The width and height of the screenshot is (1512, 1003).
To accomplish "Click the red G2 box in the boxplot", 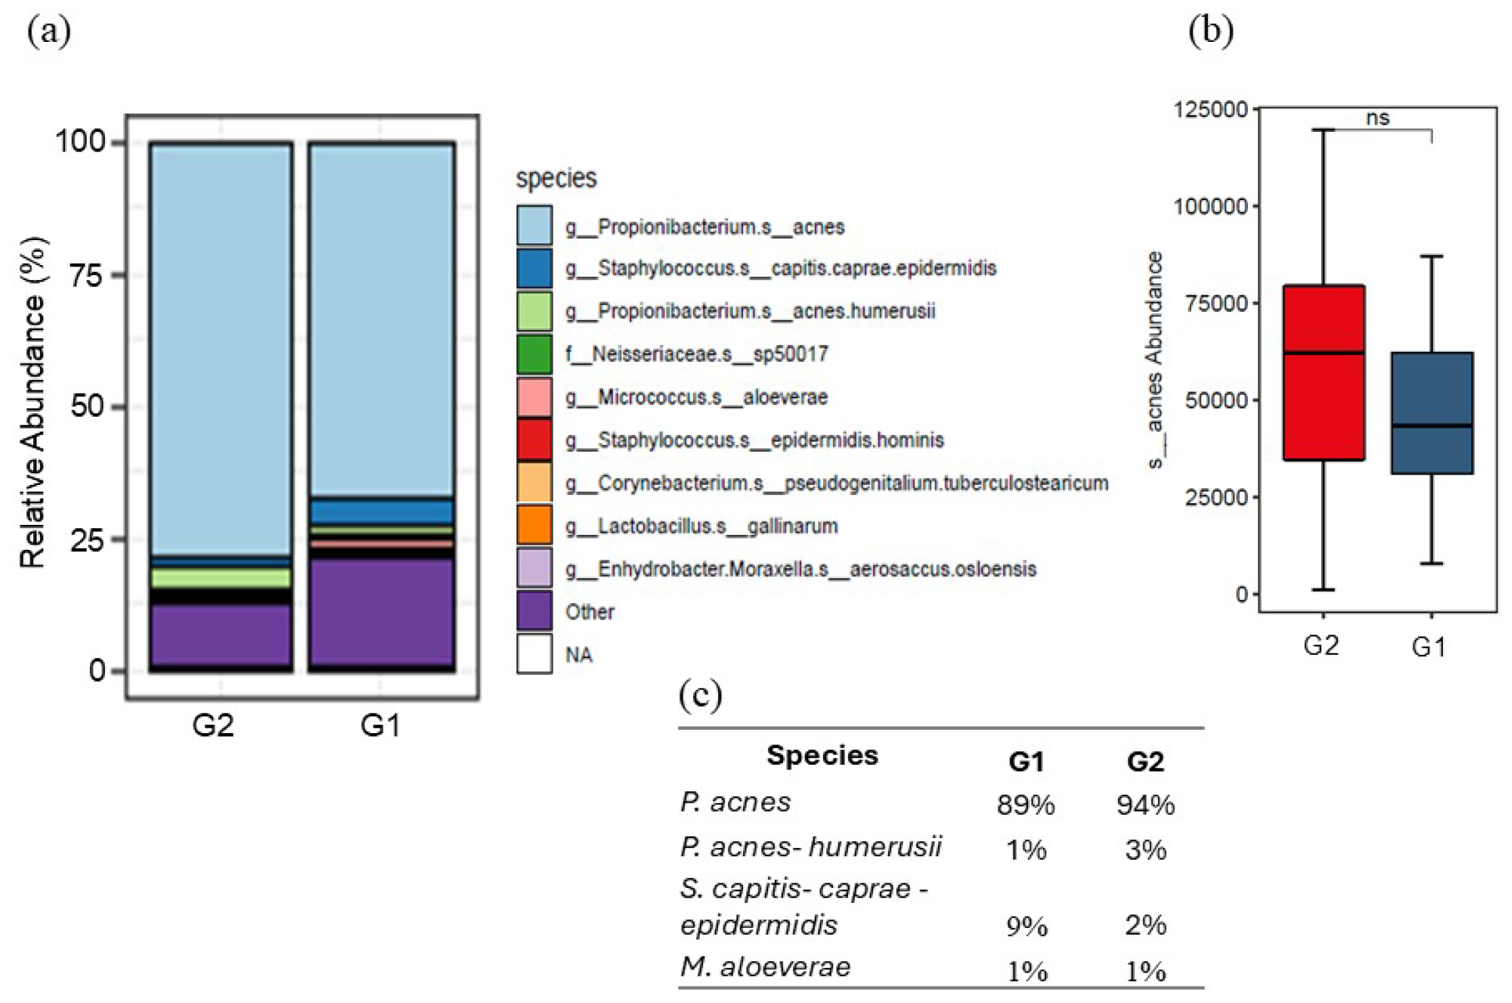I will pyautogui.click(x=1323, y=372).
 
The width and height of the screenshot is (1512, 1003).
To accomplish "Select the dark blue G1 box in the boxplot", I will pyautogui.click(x=1431, y=413).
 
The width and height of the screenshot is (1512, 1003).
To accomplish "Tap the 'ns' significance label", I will pyautogui.click(x=1377, y=118).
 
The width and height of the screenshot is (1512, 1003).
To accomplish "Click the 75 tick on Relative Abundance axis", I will pyautogui.click(x=88, y=275).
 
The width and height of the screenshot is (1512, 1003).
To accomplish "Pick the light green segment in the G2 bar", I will pyautogui.click(x=221, y=578).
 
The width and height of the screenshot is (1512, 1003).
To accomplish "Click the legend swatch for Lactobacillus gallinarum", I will pyautogui.click(x=534, y=526).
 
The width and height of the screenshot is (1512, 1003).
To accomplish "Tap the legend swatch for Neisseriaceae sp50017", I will pyautogui.click(x=534, y=354).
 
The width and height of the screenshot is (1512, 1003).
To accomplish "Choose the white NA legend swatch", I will pyautogui.click(x=534, y=654).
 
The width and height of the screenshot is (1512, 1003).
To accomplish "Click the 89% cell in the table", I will pyautogui.click(x=1025, y=805).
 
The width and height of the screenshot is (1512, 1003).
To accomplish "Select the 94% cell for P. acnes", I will pyautogui.click(x=1145, y=805).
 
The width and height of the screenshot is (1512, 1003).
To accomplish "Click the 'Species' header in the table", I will pyautogui.click(x=822, y=755).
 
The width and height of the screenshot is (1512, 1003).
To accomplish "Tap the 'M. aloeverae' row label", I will pyautogui.click(x=765, y=967).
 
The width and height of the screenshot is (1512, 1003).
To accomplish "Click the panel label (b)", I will pyautogui.click(x=1211, y=30).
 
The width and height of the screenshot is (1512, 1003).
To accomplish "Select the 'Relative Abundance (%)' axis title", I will pyautogui.click(x=32, y=402).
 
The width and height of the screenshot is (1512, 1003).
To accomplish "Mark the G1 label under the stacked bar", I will pyautogui.click(x=380, y=726).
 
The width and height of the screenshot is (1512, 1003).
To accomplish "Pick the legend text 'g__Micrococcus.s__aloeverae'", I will pyautogui.click(x=696, y=397).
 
